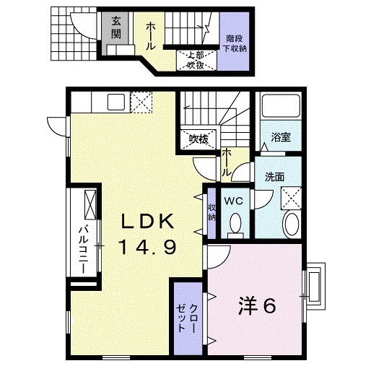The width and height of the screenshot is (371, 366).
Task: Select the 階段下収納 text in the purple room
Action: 235,43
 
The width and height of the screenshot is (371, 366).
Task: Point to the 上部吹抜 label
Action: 196,60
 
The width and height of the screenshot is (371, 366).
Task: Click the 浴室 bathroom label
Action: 281,136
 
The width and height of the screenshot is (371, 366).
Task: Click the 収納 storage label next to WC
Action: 211,212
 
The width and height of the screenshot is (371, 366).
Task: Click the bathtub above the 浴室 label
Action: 279,108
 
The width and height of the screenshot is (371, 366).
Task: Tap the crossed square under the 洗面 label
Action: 291,196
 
